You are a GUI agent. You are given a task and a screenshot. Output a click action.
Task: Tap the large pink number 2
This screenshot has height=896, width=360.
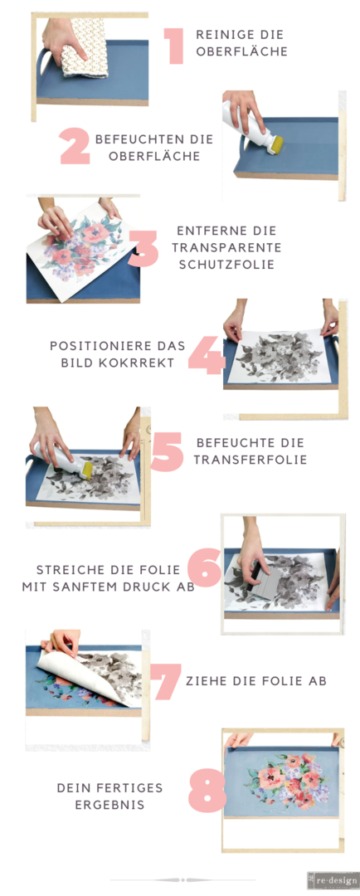tap(75, 147)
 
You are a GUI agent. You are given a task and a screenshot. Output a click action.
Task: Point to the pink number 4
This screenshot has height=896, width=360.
tap(207, 354)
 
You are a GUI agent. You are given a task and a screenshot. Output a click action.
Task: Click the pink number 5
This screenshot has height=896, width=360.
tap(167, 450)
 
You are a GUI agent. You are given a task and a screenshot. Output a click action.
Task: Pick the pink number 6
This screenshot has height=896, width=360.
tap(204, 567)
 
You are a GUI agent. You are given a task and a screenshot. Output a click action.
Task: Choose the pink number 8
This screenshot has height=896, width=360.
tap(207, 790)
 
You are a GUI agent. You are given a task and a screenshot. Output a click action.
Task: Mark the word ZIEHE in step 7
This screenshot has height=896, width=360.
tap(205, 682)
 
